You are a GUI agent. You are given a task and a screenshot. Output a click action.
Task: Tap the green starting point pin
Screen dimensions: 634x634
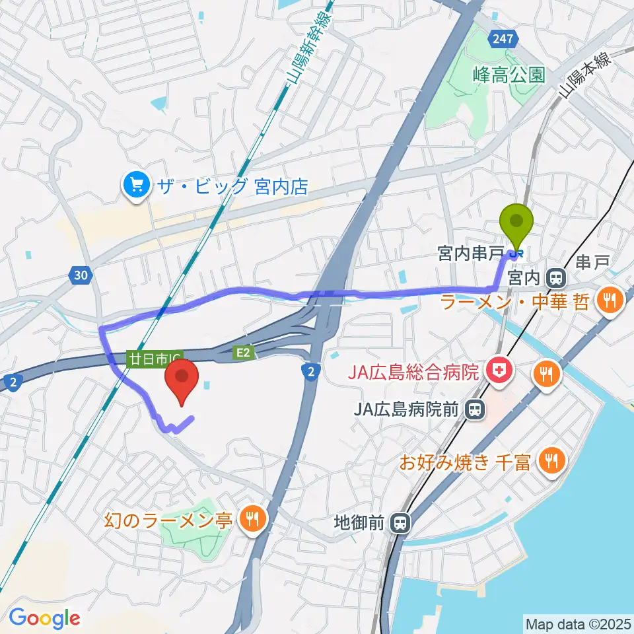[517, 225]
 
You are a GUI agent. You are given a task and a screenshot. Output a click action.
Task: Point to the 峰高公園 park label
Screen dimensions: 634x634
[509, 75]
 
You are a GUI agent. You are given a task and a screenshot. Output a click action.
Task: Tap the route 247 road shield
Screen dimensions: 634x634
[503, 40]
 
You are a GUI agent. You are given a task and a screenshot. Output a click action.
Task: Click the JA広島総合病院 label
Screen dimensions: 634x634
[415, 374]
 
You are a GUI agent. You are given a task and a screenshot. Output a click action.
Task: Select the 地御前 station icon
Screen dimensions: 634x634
[400, 524]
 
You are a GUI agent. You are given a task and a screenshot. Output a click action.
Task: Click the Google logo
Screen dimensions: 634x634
[44, 618]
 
